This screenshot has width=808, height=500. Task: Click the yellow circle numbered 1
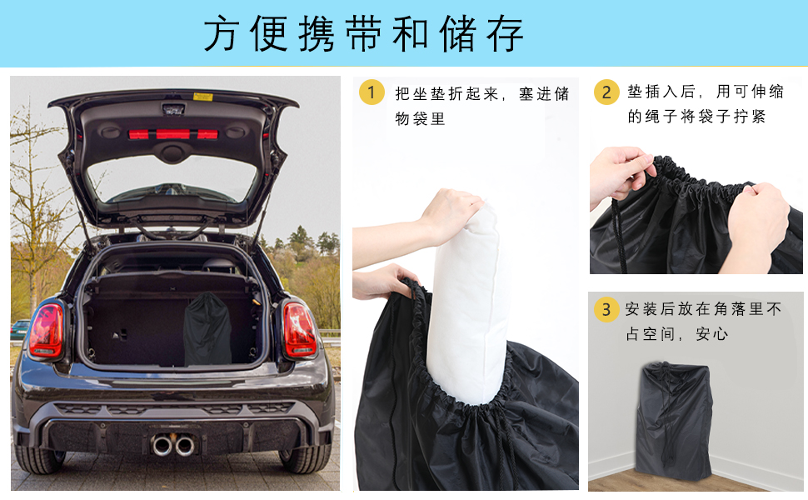pyautogui.click(x=372, y=92)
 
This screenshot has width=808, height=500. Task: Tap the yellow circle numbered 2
pyautogui.click(x=606, y=92)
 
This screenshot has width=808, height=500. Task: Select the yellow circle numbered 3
pyautogui.click(x=606, y=309)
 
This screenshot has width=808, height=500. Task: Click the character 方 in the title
pyautogui.click(x=222, y=33)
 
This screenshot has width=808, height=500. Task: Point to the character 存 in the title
pyautogui.click(x=506, y=33)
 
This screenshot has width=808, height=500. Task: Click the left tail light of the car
pyautogui.click(x=47, y=330)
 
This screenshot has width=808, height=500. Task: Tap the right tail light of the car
pyautogui.click(x=299, y=330)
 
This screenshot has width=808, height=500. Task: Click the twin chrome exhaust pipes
pyautogui.click(x=173, y=445)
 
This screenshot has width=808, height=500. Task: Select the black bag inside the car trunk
pyautogui.click(x=207, y=329)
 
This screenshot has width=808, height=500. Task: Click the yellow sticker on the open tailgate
pyautogui.click(x=203, y=97)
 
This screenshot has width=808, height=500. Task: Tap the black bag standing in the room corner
pyautogui.click(x=674, y=421)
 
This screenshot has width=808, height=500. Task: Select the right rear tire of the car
pyautogui.click(x=305, y=456)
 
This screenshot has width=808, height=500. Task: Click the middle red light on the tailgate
pyautogui.click(x=173, y=134)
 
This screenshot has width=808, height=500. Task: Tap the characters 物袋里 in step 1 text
pyautogui.click(x=420, y=119)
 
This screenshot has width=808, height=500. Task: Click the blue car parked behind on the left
pyautogui.click(x=20, y=329)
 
